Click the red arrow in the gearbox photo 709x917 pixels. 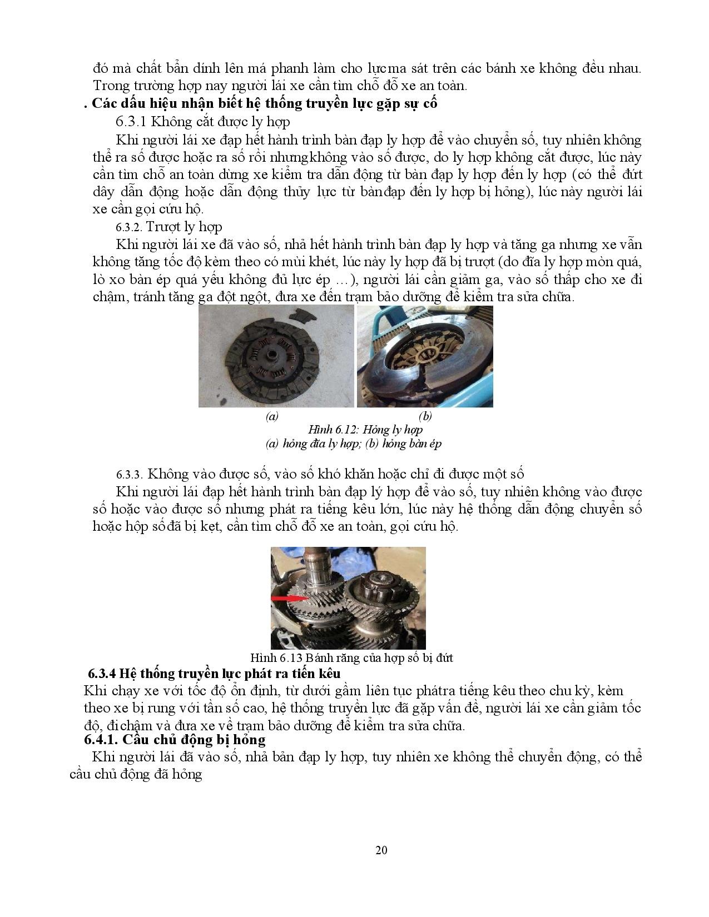[289, 598]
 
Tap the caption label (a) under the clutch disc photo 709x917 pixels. [272, 416]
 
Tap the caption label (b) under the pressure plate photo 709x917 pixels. [425, 416]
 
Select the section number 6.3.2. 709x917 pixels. [130, 227]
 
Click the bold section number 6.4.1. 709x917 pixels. [101, 740]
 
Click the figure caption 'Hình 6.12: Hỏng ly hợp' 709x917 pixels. [365, 430]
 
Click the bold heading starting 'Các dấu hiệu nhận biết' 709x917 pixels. [265, 103]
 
